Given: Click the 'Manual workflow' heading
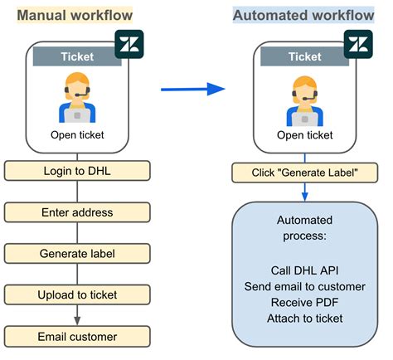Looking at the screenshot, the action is (x=75, y=15).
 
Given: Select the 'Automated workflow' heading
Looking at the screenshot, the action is (x=303, y=15).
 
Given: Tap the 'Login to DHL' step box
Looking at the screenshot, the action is (x=77, y=171).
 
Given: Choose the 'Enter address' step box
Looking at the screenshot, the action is (x=77, y=212).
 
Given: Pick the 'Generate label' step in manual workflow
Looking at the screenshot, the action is (x=77, y=254).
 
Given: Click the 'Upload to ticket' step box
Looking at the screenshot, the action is (x=77, y=294).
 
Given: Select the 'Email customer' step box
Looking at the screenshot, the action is (x=77, y=337).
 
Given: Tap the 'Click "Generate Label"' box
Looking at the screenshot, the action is (x=304, y=173).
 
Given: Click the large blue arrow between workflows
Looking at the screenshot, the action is (x=193, y=89).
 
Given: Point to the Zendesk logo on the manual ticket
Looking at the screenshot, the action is (x=129, y=44).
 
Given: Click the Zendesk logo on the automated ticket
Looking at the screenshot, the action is (x=358, y=44).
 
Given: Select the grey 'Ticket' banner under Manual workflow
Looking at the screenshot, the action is (x=77, y=56).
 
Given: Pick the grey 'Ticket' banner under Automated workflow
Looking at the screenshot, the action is (x=304, y=56).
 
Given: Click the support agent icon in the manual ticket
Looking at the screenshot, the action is (x=77, y=97).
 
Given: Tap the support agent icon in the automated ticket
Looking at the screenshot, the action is (x=304, y=101).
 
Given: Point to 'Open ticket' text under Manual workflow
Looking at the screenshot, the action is (x=77, y=135).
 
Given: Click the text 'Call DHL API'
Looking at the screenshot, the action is (x=304, y=270).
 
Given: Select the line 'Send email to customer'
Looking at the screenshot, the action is (x=304, y=286).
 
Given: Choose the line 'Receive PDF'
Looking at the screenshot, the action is (x=304, y=302).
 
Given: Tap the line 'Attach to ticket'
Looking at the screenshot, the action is (x=304, y=319).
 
